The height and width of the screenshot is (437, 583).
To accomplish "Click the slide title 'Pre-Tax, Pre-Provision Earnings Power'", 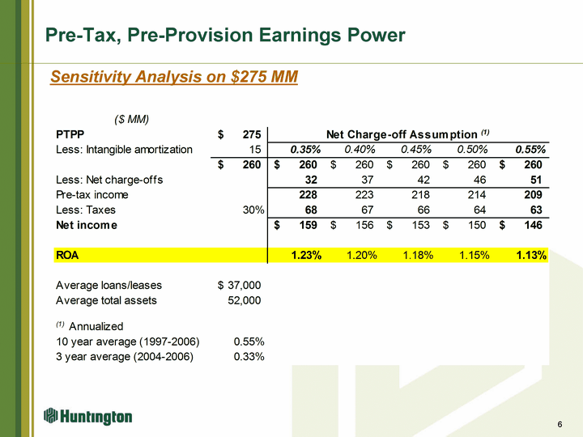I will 225,36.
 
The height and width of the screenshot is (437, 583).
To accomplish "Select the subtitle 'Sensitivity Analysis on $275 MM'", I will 174,77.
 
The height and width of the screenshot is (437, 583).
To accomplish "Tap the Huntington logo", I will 88,416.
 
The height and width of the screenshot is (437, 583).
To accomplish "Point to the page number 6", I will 560,426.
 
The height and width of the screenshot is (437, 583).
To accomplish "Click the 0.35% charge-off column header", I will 306,150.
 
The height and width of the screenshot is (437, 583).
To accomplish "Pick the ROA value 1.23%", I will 306,256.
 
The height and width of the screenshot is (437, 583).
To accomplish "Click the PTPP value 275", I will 251,134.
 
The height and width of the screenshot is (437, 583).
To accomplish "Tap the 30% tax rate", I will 253,210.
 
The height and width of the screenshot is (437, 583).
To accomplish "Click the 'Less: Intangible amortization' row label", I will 124,150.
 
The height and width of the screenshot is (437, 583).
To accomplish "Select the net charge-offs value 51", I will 534,180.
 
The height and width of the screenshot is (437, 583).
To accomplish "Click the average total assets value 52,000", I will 245,300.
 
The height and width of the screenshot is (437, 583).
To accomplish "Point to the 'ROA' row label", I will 67,256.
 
